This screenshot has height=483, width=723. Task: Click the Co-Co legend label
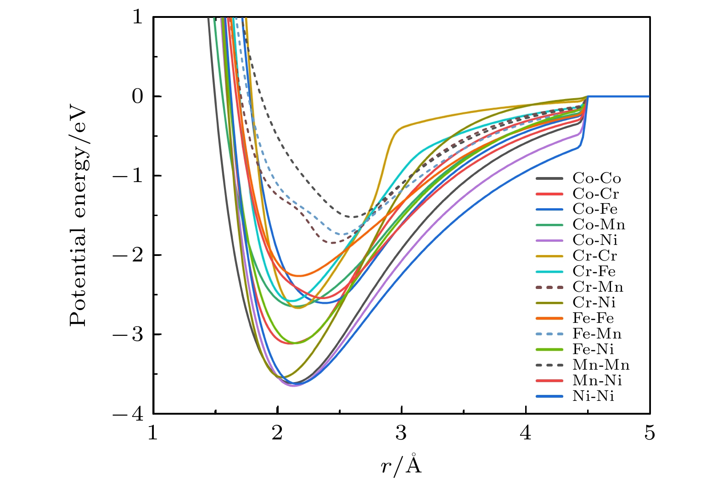click(596, 178)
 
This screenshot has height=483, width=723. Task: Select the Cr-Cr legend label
click(594, 255)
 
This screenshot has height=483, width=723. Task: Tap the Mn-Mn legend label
click(601, 365)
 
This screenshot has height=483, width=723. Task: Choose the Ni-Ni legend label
click(593, 396)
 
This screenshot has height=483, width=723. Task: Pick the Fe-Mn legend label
click(597, 333)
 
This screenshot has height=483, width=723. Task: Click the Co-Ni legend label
click(595, 240)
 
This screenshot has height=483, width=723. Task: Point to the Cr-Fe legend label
click(594, 271)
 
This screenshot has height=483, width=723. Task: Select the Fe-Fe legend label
click(593, 318)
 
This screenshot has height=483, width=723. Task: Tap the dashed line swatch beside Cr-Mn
click(549, 287)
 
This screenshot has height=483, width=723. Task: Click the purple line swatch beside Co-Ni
click(549, 240)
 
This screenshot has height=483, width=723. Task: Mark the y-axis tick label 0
click(137, 97)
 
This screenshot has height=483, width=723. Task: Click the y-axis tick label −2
click(131, 255)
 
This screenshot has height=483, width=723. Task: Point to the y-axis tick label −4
click(131, 414)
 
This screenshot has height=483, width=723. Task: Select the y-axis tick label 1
click(137, 17)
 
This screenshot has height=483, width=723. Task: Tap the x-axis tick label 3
click(401, 433)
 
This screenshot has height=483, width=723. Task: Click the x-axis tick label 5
click(650, 433)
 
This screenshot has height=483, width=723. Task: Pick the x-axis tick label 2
click(277, 433)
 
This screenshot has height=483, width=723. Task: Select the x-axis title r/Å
click(401, 465)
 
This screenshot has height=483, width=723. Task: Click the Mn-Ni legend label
click(597, 381)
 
